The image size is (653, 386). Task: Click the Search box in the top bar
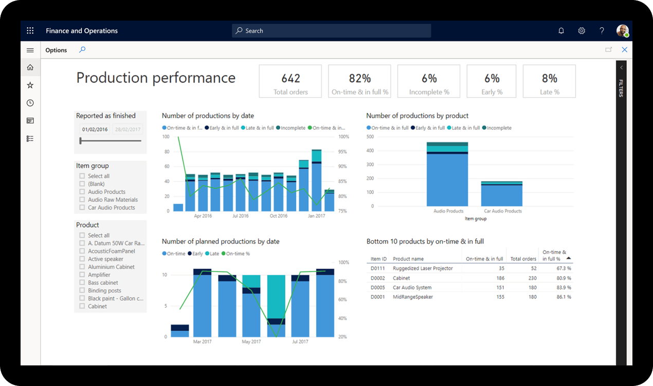coord(331,31)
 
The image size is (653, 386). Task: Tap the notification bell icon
coord(561,31)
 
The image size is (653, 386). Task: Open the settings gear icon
coord(582,31)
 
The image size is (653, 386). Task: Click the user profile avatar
coord(622,31)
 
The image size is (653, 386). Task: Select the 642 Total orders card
coord(291,81)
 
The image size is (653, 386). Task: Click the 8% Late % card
coord(549,81)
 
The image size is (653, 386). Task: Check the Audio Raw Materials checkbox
coord(82,200)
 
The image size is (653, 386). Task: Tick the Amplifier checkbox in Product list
coord(82,275)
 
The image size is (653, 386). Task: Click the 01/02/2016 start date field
coord(95,130)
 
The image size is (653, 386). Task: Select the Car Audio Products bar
coord(502,194)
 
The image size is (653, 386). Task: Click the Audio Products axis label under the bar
coord(448,211)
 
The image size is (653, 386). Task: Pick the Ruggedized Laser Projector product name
coord(423,268)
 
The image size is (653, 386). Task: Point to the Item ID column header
coord(378,259)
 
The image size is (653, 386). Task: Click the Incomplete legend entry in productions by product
coord(499,128)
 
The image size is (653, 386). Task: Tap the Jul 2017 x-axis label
coord(300,342)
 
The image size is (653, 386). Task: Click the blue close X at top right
coord(624,50)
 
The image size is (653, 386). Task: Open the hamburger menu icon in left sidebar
coord(30,50)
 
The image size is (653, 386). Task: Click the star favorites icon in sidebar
coord(30,85)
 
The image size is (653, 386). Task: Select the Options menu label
coord(56,50)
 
